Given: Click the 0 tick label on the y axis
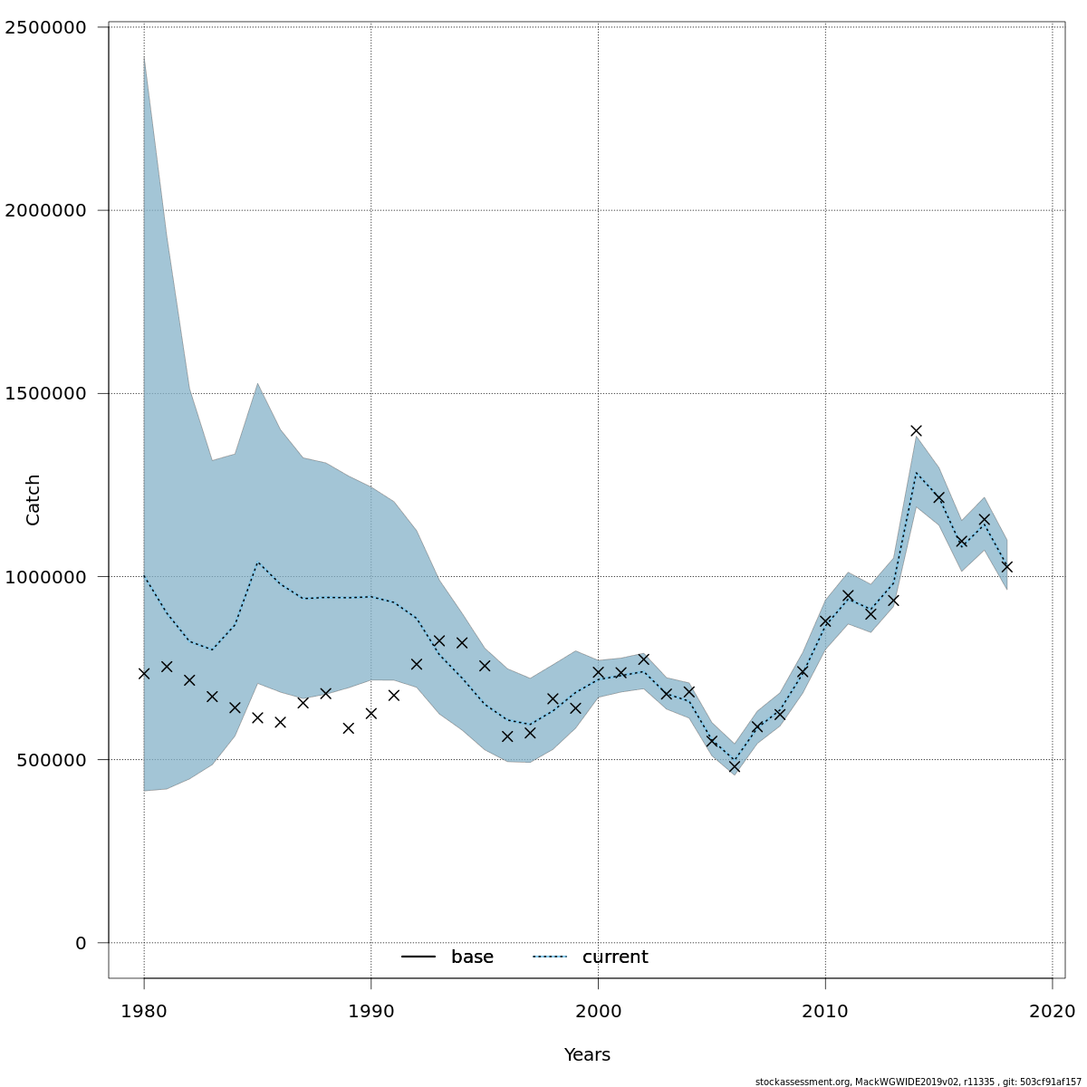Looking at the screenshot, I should (81, 943).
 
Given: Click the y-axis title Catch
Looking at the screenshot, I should (34, 499).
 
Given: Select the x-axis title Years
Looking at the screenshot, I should (587, 1055).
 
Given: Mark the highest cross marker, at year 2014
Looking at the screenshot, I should (916, 430).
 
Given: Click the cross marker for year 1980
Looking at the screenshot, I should (144, 673).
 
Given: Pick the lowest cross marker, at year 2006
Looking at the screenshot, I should (735, 766).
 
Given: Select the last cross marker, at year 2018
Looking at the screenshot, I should (1006, 566).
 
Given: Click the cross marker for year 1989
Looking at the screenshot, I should (349, 727).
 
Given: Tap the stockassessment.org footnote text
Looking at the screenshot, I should (918, 1082).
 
